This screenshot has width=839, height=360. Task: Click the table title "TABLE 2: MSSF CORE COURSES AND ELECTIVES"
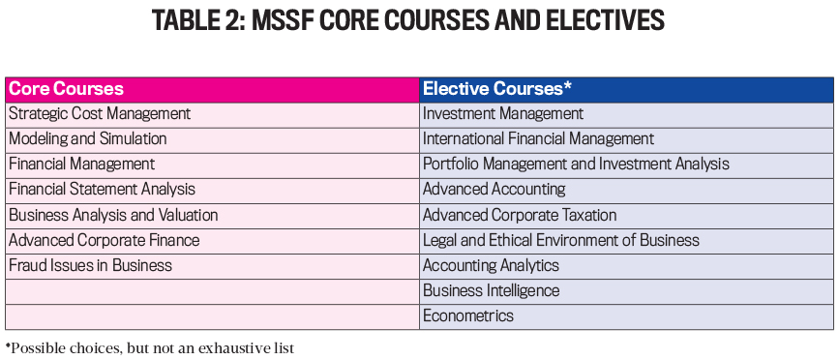[x=419, y=22]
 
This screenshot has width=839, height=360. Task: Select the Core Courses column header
[x=66, y=89]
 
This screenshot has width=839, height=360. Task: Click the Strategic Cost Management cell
[x=100, y=114]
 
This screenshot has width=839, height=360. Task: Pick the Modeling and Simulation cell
[x=88, y=139]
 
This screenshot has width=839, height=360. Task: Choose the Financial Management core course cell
[x=82, y=165]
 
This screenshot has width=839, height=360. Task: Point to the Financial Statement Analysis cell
[x=103, y=190]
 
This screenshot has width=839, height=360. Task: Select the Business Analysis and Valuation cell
[x=113, y=215]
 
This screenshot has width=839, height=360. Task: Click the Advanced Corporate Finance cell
[x=105, y=240]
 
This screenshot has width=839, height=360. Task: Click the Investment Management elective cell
[x=503, y=114]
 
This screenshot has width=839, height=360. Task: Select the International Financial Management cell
[x=539, y=139]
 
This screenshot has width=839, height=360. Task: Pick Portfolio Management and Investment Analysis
[x=576, y=165]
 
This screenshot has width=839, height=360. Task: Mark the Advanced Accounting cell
[x=494, y=190]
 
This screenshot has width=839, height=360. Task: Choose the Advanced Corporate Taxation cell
[x=520, y=215]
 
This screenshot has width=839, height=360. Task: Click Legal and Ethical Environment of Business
[x=561, y=240]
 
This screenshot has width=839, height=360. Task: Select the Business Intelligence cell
[x=491, y=290]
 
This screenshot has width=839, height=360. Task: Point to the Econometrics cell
[x=468, y=315]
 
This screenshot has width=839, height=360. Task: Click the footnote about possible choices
[x=150, y=346]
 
